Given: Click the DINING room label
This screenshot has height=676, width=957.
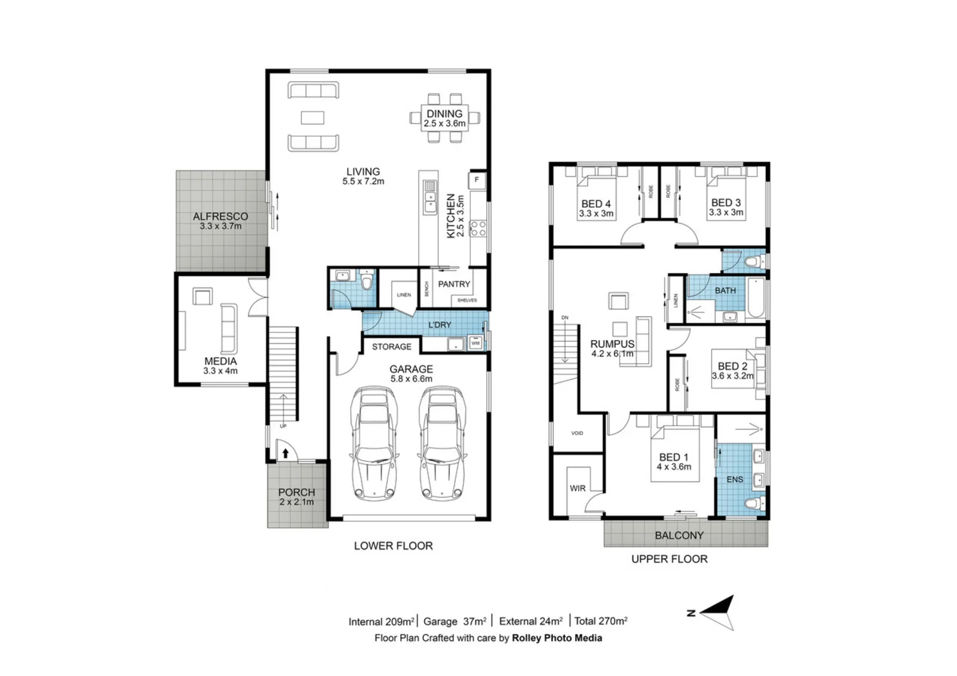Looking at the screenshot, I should (445, 114).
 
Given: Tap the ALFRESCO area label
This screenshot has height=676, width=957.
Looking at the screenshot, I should (220, 217).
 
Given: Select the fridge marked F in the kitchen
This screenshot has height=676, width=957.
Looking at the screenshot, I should (477, 180).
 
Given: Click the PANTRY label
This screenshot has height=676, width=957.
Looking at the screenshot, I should (453, 284).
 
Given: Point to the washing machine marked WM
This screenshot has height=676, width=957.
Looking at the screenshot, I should (475, 343).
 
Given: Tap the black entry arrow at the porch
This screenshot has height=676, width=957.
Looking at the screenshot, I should (285, 453).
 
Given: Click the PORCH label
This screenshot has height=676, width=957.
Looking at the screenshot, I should (296, 493).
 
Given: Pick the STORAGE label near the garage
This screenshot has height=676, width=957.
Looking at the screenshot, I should (391, 347).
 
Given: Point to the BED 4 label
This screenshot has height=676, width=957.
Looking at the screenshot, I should (596, 204).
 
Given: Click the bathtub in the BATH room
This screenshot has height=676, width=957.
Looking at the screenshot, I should (757, 299).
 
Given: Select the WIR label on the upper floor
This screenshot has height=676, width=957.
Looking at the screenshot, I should (577, 488).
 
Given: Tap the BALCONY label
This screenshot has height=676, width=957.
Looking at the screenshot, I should (679, 536).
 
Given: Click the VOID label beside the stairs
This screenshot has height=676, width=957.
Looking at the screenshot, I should (577, 433).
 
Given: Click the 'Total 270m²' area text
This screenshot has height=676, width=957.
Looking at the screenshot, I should (601, 622).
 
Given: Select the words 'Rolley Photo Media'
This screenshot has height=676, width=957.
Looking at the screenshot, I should (557, 638).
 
